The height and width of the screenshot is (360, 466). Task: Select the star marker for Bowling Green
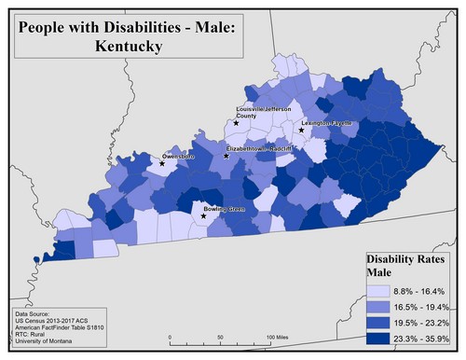[x=204, y=215]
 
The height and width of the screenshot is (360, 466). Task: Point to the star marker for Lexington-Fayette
[x=301, y=131]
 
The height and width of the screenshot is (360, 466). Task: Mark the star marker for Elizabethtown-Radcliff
[x=226, y=156]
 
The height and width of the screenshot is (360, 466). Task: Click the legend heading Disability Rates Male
[x=404, y=264]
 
